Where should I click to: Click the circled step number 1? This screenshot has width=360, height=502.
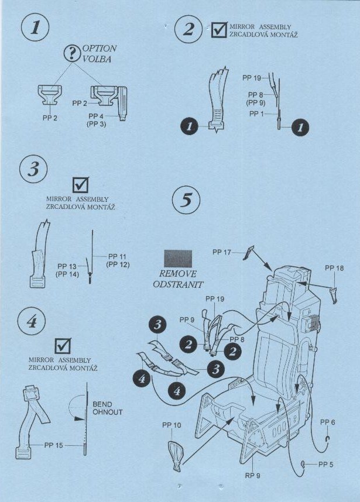[x=35, y=27]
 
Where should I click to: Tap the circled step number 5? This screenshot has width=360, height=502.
[x=186, y=200]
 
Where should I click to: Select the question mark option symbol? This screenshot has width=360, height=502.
[x=73, y=53]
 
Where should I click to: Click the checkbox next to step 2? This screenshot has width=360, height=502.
[x=220, y=29]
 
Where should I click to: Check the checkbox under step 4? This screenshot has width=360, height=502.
[x=63, y=346]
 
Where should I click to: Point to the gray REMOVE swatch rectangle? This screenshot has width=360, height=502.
[x=178, y=259]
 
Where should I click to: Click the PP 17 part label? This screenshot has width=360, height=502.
[x=222, y=252]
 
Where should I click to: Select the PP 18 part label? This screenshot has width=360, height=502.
[x=334, y=268]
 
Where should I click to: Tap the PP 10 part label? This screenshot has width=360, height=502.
[x=172, y=425]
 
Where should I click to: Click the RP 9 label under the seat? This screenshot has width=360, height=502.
[x=253, y=476]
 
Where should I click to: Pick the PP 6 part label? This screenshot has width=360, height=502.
[x=327, y=422]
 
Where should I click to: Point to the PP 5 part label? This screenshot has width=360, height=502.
[x=325, y=464]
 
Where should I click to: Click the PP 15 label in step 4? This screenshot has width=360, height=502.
[x=53, y=445]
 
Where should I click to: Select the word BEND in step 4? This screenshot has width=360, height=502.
[x=102, y=404]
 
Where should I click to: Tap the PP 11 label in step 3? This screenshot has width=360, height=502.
[x=117, y=256]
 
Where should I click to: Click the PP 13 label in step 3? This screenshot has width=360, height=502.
[x=67, y=266]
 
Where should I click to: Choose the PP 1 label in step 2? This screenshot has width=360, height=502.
[x=256, y=114]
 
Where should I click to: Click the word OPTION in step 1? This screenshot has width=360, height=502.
[x=100, y=49]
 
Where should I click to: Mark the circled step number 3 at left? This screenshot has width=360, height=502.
[x=33, y=169]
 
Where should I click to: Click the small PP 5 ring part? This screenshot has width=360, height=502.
[x=303, y=464]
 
